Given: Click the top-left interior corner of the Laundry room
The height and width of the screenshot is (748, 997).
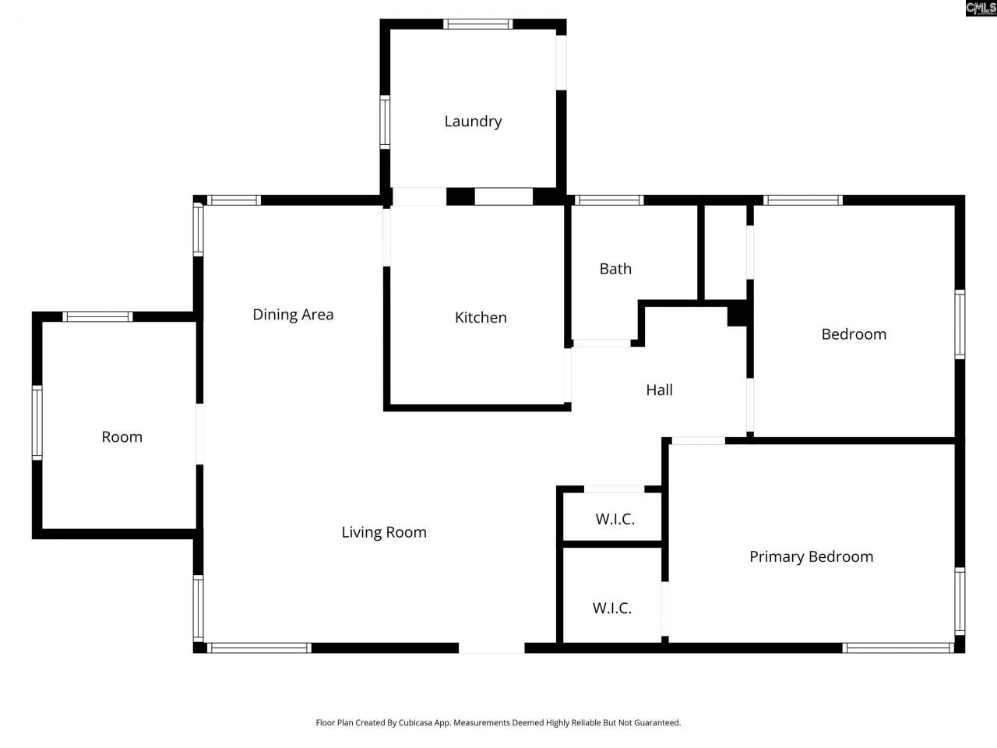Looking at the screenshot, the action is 391,30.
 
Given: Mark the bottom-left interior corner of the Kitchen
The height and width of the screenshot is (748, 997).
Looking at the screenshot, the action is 391,404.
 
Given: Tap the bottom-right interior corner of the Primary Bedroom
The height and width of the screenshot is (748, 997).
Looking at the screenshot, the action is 955,643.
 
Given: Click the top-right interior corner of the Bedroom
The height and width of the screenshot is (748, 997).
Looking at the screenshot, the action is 955,205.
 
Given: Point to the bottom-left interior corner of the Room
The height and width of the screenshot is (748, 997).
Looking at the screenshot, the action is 43,528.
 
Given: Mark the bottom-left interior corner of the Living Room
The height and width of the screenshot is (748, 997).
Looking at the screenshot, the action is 203,643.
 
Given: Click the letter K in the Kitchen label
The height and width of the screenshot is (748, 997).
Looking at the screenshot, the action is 459,317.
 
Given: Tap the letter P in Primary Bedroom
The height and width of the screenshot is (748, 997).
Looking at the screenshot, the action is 753,556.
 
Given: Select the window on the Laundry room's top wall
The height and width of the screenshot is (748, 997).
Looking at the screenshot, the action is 477,24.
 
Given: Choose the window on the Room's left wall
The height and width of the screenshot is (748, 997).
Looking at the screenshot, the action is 37,422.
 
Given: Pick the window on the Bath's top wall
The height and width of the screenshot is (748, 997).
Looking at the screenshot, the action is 609,199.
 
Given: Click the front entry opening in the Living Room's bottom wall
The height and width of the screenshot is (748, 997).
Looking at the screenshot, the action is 491,647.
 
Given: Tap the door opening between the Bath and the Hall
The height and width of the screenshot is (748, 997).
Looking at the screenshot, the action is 602,344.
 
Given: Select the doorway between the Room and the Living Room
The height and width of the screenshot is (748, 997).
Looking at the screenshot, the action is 199,434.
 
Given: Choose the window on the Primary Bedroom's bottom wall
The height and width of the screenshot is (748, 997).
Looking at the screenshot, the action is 898,647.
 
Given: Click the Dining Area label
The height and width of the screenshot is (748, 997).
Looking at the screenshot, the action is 293,314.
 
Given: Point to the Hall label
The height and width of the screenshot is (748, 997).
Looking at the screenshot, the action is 659,390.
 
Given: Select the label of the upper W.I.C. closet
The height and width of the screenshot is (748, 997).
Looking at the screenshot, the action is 615,519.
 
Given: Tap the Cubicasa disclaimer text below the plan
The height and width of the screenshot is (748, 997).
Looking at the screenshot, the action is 498,722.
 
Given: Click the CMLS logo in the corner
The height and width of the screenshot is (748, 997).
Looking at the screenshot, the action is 981,8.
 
